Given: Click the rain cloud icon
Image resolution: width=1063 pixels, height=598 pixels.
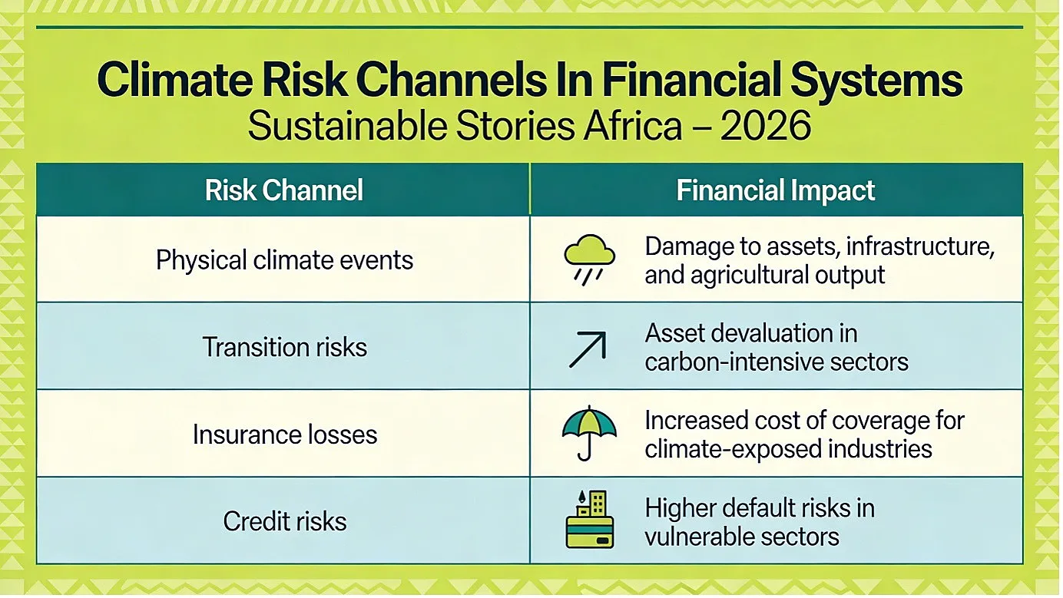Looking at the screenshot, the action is (589, 259).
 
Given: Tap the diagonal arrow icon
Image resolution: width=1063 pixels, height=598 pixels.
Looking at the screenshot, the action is (588, 349).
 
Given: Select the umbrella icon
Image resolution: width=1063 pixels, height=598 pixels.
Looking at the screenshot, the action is (589, 432).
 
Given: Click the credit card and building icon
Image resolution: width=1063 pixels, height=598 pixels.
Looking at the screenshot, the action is (590, 519).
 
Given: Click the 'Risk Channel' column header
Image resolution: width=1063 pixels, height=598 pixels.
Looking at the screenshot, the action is (283, 190).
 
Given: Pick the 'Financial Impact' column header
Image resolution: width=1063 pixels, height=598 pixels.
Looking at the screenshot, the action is (776, 190).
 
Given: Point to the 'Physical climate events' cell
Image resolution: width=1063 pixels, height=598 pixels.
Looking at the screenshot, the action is (284, 260).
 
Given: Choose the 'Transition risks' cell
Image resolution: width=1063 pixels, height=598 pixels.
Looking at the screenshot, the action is (284, 347).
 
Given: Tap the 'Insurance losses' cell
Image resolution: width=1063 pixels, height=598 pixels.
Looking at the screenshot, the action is (285, 434).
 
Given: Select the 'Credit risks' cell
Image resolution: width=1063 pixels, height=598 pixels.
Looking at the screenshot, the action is (285, 521).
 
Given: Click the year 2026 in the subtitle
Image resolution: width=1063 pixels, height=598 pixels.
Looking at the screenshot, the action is (766, 125).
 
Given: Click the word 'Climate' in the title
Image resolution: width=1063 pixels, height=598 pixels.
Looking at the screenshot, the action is (174, 79).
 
